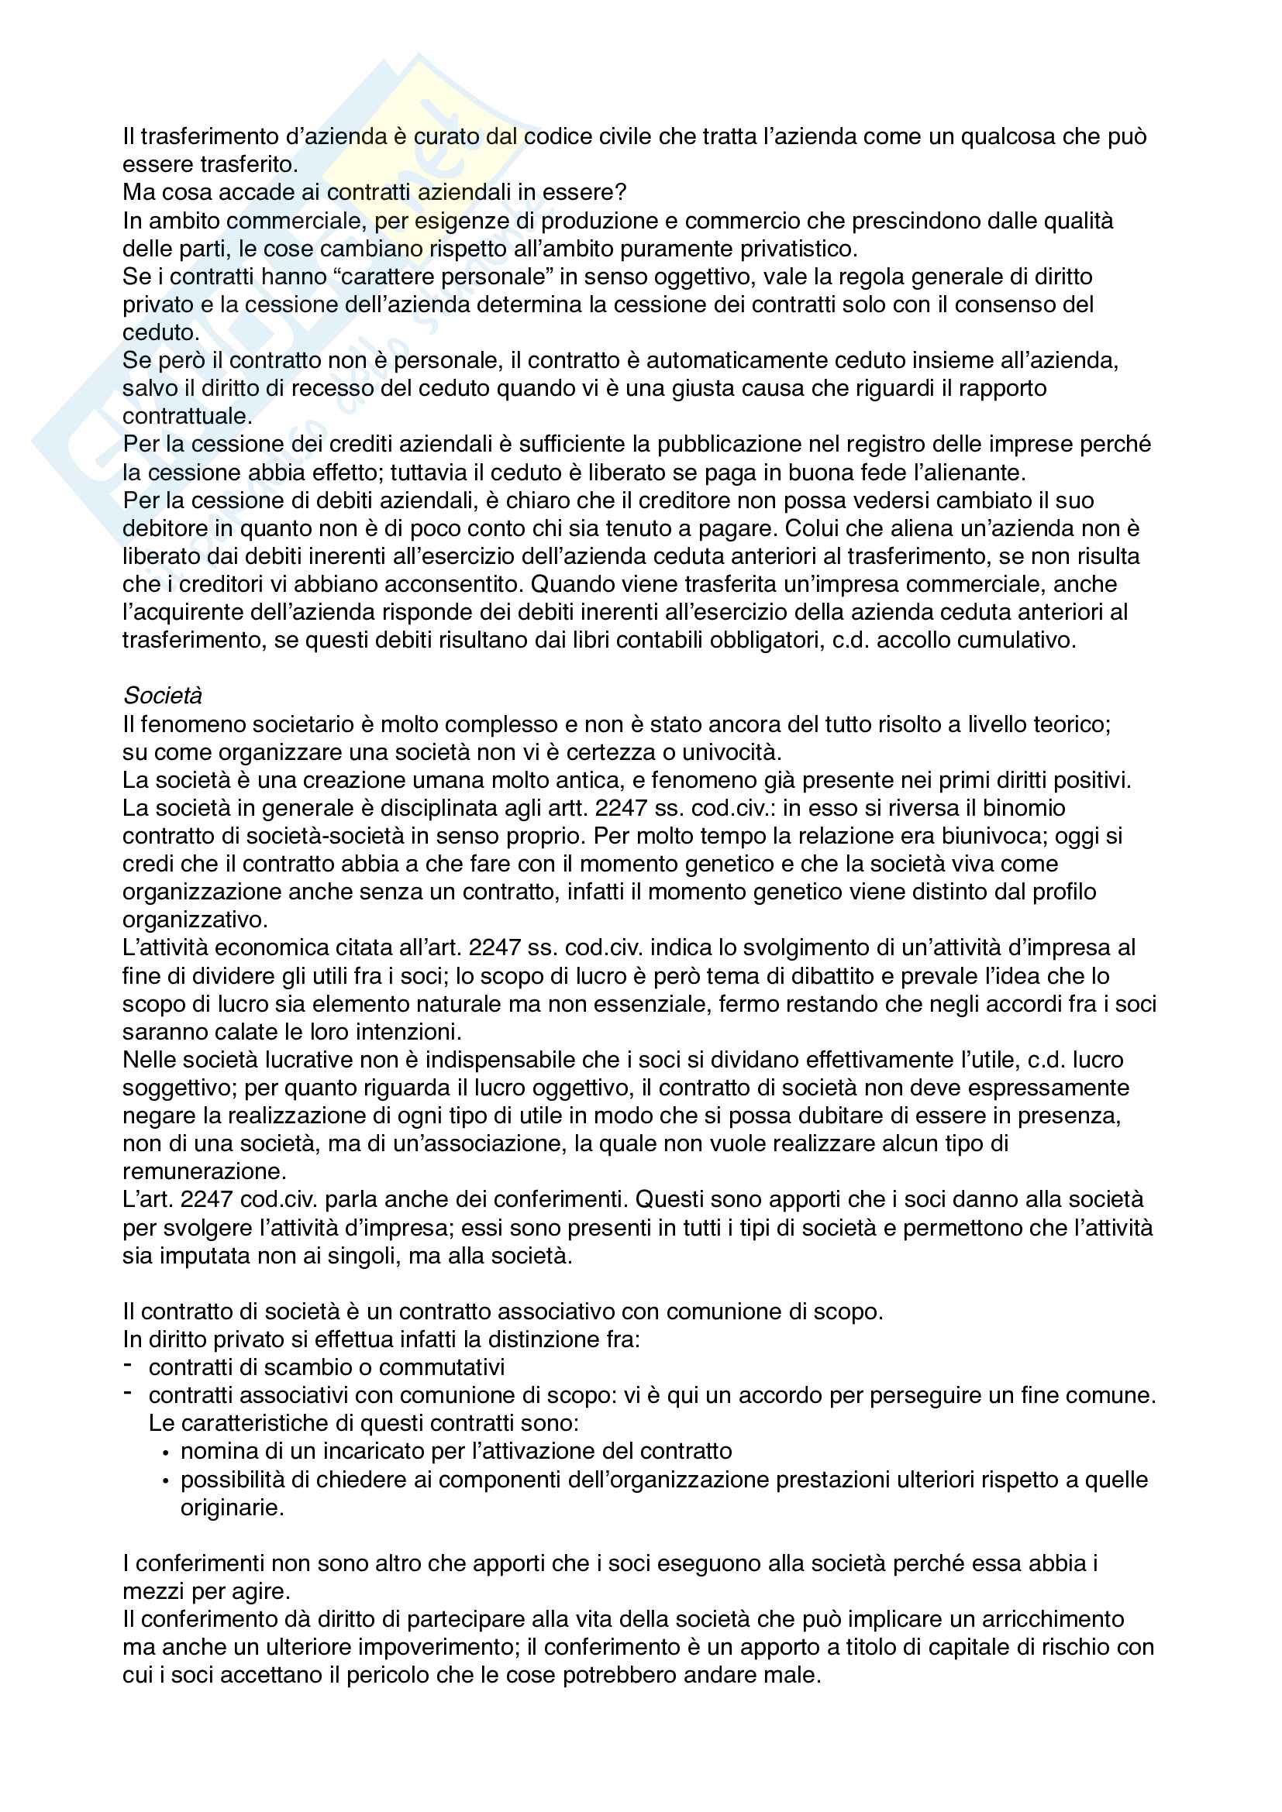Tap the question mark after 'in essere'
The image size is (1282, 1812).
coord(622,193)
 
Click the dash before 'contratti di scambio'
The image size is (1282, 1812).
coord(129,1365)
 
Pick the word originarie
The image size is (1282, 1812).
coord(231,1508)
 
